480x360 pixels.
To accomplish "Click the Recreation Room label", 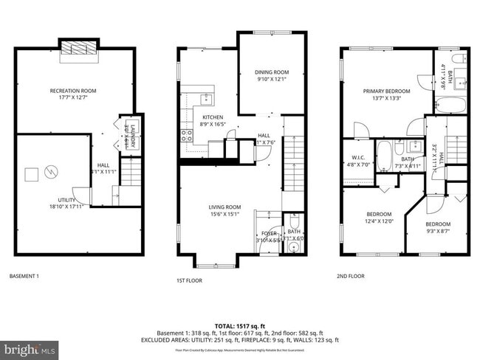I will coord(72,91).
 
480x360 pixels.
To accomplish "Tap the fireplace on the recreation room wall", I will coord(74,48).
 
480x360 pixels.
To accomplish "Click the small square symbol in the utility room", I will coord(31,174).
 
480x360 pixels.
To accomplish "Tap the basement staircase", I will coord(130,175).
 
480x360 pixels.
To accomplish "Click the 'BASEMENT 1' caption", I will coord(24,277).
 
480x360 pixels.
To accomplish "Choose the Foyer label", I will coord(269,233).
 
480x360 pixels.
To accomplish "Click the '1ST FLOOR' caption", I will coord(190,281).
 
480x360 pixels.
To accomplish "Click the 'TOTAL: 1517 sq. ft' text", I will coord(239,325).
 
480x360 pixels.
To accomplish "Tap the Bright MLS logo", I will coord(30,347).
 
